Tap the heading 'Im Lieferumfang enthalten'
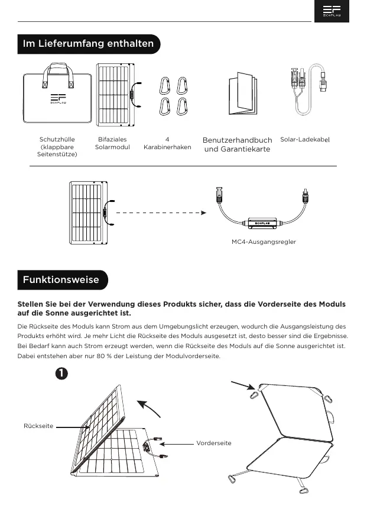pyautogui.click(x=88, y=44)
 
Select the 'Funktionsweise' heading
pyautogui.click(x=61, y=279)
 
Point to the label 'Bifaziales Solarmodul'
pyautogui.click(x=112, y=143)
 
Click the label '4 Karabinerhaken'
pyautogui.click(x=167, y=143)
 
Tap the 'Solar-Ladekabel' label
pyautogui.click(x=304, y=140)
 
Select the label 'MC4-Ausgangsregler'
pyautogui.click(x=264, y=242)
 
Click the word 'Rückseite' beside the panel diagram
pyautogui.click(x=38, y=426)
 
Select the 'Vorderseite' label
pyautogui.click(x=214, y=443)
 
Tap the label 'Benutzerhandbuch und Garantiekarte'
pyautogui.click(x=237, y=144)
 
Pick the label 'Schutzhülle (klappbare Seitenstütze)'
pyautogui.click(x=57, y=147)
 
